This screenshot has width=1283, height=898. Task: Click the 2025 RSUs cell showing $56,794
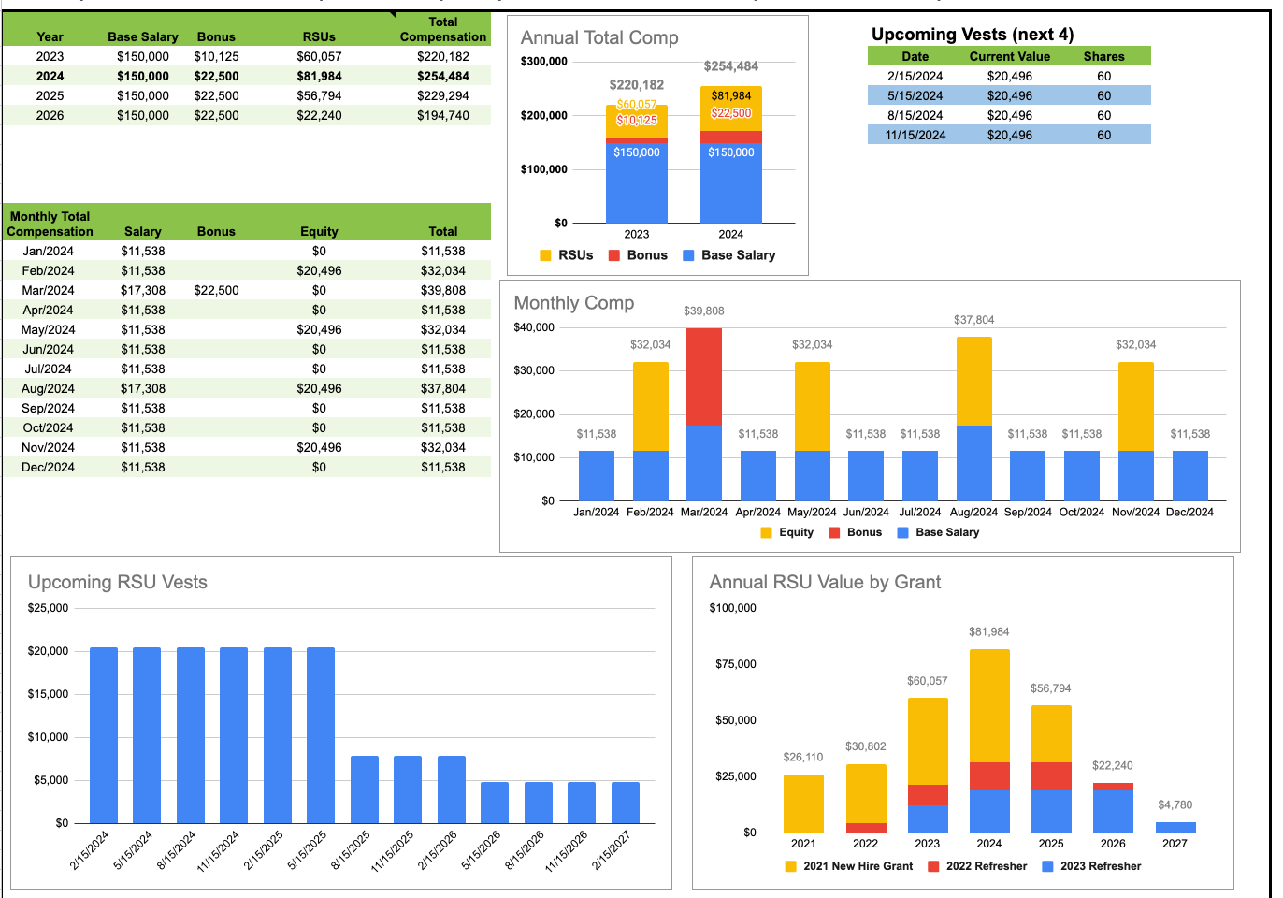click(x=319, y=95)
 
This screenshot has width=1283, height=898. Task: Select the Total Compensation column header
click(x=442, y=29)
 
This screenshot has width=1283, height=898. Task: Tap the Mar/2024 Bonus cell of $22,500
click(x=216, y=290)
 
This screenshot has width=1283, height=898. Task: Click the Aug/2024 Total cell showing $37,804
click(x=442, y=388)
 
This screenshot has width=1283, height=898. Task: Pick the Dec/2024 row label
click(x=48, y=467)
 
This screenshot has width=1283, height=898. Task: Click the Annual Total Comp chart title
click(x=599, y=37)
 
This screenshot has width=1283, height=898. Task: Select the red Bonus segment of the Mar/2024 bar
click(x=703, y=376)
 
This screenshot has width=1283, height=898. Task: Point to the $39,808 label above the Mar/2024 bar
click(x=703, y=311)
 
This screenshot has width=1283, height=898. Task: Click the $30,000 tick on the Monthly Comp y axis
click(x=534, y=370)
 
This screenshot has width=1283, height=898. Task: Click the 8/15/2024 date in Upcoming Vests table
click(x=915, y=115)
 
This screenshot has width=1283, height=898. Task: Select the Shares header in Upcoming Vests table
click(x=1103, y=56)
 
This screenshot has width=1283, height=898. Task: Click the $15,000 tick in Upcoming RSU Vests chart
click(x=48, y=694)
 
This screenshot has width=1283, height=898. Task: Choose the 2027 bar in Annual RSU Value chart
click(x=1175, y=827)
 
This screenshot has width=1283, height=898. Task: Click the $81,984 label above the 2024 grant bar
click(x=988, y=632)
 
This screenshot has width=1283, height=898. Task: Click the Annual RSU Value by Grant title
click(x=825, y=582)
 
